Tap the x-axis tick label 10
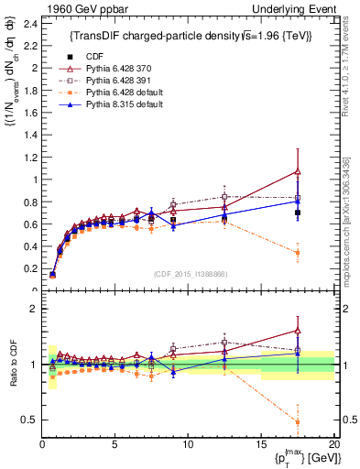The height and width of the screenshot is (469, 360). [188, 444]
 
